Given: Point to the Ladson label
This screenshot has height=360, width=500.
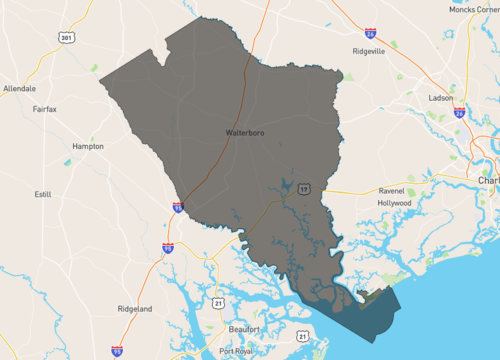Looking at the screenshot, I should click(440, 98).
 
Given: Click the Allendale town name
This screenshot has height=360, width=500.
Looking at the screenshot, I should click(19, 88).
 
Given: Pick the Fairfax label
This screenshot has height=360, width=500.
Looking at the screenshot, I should click(48, 108).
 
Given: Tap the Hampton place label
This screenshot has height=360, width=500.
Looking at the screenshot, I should click(88, 146).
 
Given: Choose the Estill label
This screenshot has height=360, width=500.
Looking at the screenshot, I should click(43, 194).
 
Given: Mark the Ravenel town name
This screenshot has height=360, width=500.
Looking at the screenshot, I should click(390, 190).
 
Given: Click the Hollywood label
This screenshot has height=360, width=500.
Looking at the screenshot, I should click(394, 202).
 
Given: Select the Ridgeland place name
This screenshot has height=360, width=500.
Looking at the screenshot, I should click(134, 309).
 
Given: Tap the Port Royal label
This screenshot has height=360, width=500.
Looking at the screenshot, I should click(238, 351).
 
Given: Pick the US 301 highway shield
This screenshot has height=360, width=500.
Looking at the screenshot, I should click(67, 38).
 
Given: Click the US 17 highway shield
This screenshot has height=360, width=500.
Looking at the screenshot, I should click(301, 186).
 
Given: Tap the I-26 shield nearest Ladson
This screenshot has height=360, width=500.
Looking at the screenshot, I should click(459, 113).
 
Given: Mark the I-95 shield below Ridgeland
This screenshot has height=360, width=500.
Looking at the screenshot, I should click(117, 351).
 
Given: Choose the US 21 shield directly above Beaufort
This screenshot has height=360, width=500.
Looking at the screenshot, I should click(218, 301).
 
